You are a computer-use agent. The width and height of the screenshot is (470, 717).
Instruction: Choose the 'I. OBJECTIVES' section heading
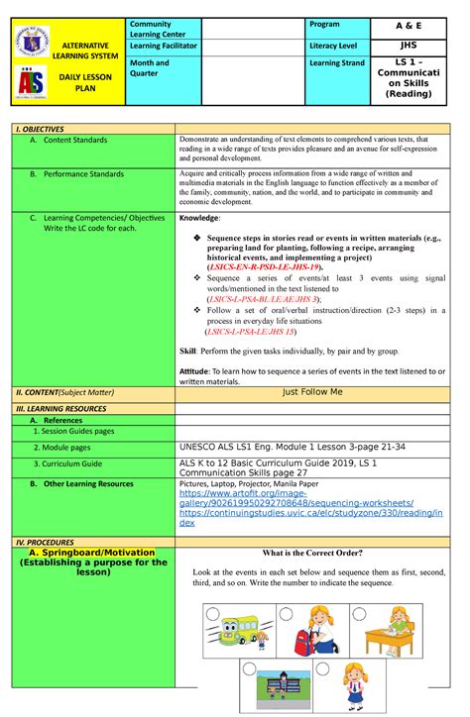39,129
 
